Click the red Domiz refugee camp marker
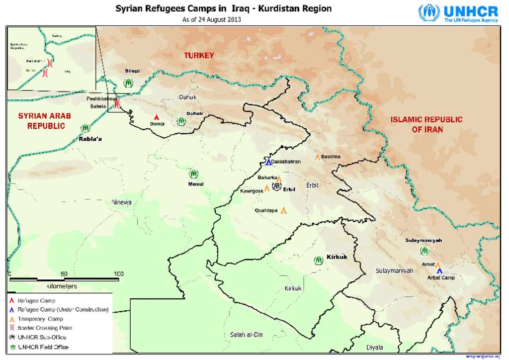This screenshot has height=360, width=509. pyautogui.click(x=157, y=117)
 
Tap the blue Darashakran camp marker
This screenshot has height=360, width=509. pyautogui.click(x=268, y=161)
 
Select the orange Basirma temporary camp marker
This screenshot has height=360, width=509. pyautogui.click(x=317, y=157)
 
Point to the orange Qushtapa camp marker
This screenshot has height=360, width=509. pyautogui.click(x=284, y=210)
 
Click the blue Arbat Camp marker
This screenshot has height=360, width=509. pyautogui.click(x=439, y=271)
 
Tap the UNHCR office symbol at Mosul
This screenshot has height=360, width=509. pyautogui.click(x=193, y=174)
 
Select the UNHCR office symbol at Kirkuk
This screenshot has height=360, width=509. pyautogui.click(x=318, y=260)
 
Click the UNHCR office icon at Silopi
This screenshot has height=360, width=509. pyautogui.click(x=129, y=83)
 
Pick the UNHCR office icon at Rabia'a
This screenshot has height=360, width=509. pyautogui.click(x=85, y=128)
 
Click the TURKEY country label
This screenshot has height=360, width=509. pyautogui.click(x=199, y=56)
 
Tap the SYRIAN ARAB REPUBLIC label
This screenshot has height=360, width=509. pyautogui.click(x=45, y=121)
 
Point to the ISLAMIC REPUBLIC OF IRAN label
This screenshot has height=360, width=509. pyautogui.click(x=426, y=124)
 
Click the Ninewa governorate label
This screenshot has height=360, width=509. pyautogui.click(x=121, y=202)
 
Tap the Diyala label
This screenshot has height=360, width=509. pyautogui.click(x=375, y=347)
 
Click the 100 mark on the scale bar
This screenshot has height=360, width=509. pyautogui.click(x=118, y=274)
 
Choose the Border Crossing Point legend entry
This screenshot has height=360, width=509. pyautogui.click(x=45, y=328)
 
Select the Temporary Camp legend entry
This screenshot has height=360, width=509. pyautogui.click(x=40, y=319)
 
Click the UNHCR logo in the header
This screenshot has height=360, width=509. pyautogui.click(x=457, y=13)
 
